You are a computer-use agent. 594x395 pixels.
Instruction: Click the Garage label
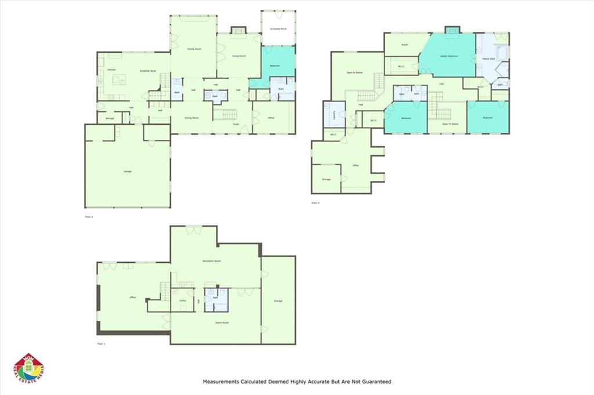[x=127, y=172]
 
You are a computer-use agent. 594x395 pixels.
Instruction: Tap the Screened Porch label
[x=278, y=28]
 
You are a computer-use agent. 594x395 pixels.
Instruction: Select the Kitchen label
[x=112, y=70]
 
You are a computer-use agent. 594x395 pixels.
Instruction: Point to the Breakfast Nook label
[x=148, y=70]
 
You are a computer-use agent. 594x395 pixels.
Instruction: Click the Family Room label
[x=194, y=49]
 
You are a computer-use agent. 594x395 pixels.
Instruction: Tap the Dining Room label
[x=191, y=118]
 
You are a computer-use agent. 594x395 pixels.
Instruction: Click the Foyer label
[x=236, y=124]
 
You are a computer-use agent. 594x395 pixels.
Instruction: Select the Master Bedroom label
[x=448, y=56]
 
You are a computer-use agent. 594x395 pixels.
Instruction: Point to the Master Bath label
[x=489, y=59]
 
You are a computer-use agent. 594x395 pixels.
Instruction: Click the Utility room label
[x=182, y=300]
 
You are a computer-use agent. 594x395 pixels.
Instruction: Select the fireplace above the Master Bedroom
[x=452, y=30]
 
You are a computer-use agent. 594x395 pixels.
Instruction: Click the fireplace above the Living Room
[x=238, y=30]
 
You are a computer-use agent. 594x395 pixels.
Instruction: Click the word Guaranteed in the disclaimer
[x=375, y=382]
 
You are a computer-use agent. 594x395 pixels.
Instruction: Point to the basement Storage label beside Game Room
[x=278, y=300]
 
